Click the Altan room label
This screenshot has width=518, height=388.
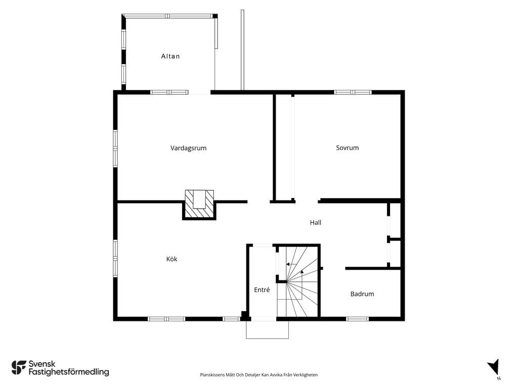[x=170, y=57]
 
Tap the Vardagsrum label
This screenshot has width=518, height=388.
[x=188, y=148]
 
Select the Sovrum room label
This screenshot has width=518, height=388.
[x=347, y=148]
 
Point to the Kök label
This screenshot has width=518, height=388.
[x=172, y=259]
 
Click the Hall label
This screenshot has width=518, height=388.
[x=316, y=223]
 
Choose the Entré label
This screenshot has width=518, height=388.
[x=262, y=289]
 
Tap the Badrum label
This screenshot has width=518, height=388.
[x=362, y=294]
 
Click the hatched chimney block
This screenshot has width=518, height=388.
[x=199, y=204]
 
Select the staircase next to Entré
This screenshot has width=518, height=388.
[x=298, y=281]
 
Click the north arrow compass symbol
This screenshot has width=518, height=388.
[x=494, y=367]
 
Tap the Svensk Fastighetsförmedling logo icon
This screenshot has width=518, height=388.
[x=19, y=368]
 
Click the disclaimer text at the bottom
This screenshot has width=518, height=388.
[x=258, y=375]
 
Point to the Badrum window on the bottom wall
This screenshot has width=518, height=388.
[x=358, y=319]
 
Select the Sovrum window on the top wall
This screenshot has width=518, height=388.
[x=353, y=92]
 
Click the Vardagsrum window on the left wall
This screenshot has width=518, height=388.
[x=115, y=149]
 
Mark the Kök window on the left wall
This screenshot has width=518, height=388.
[x=115, y=259]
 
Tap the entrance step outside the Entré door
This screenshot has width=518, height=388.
[x=267, y=329]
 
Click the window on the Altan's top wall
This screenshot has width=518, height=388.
[x=167, y=16]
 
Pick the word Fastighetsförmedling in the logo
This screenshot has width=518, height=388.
[x=69, y=372]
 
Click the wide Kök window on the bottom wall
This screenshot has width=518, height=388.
[x=166, y=319]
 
